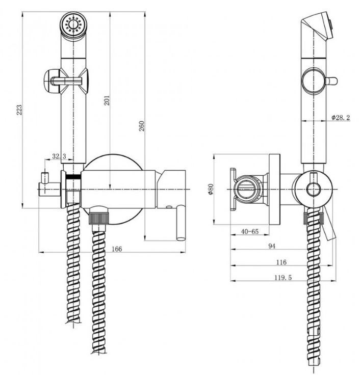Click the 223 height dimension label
pyautogui.click(x=19, y=110)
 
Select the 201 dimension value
pyautogui.click(x=107, y=100)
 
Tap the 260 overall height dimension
pyautogui.click(x=142, y=126)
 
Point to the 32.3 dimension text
pyautogui.click(x=59, y=156)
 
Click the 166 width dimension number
pyautogui.click(x=117, y=249)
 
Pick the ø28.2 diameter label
pyautogui.click(x=341, y=118)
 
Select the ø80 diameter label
pyautogui.click(x=211, y=189)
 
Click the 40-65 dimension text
pyautogui.click(x=250, y=231)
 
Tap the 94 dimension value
pyautogui.click(x=272, y=246)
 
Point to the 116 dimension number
pyautogui.click(x=281, y=262)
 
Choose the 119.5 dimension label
pyautogui.click(x=283, y=278)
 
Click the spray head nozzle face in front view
pyautogui.click(x=72, y=24)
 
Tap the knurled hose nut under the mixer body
pyautogui.click(x=99, y=217)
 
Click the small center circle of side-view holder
pyautogui.click(x=313, y=190)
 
